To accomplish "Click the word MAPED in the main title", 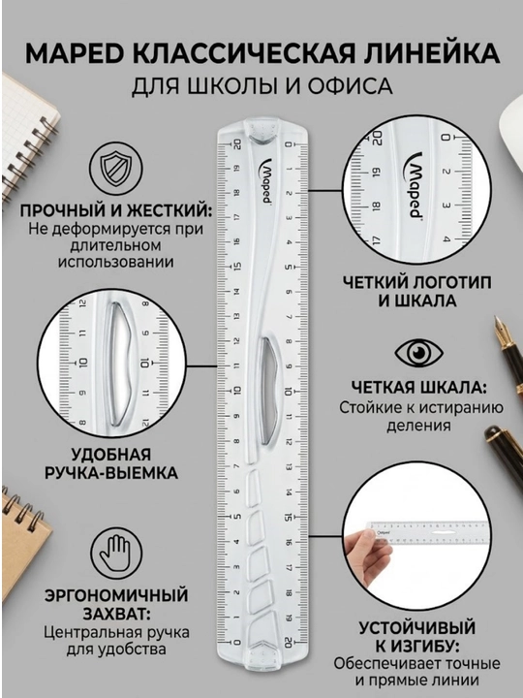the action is click(x=76, y=54).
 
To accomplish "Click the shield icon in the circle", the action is click(x=115, y=169).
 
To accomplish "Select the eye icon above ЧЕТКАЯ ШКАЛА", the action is click(x=419, y=353).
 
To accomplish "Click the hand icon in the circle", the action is click(x=115, y=553).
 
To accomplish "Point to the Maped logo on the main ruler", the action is click(x=266, y=181).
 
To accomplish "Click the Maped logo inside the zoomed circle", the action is click(x=415, y=185).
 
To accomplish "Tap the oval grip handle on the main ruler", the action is click(x=268, y=392).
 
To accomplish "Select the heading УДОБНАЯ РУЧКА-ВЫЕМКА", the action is click(x=111, y=463).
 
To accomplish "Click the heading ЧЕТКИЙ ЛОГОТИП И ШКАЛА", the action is click(x=417, y=292).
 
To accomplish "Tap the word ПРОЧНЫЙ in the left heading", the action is click(x=57, y=210).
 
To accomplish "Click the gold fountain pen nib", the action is click(x=502, y=328).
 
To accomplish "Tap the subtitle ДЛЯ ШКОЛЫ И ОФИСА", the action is click(x=261, y=86).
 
